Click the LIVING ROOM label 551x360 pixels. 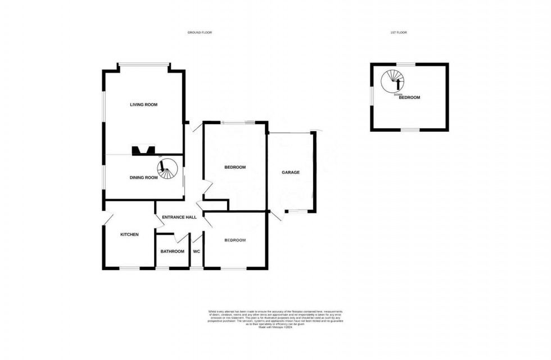[143, 105]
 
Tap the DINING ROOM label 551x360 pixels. [144, 178]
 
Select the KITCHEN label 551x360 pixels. [129, 235]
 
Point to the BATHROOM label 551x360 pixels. [172, 251]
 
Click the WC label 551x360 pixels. [197, 251]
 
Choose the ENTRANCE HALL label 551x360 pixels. [179, 217]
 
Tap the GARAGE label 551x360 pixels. [291, 172]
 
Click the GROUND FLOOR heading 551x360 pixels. [200, 33]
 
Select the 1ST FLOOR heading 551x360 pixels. [398, 33]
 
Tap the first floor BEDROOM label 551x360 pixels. [410, 98]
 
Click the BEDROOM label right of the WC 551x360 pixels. [235, 240]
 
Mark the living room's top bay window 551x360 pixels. [143, 64]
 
